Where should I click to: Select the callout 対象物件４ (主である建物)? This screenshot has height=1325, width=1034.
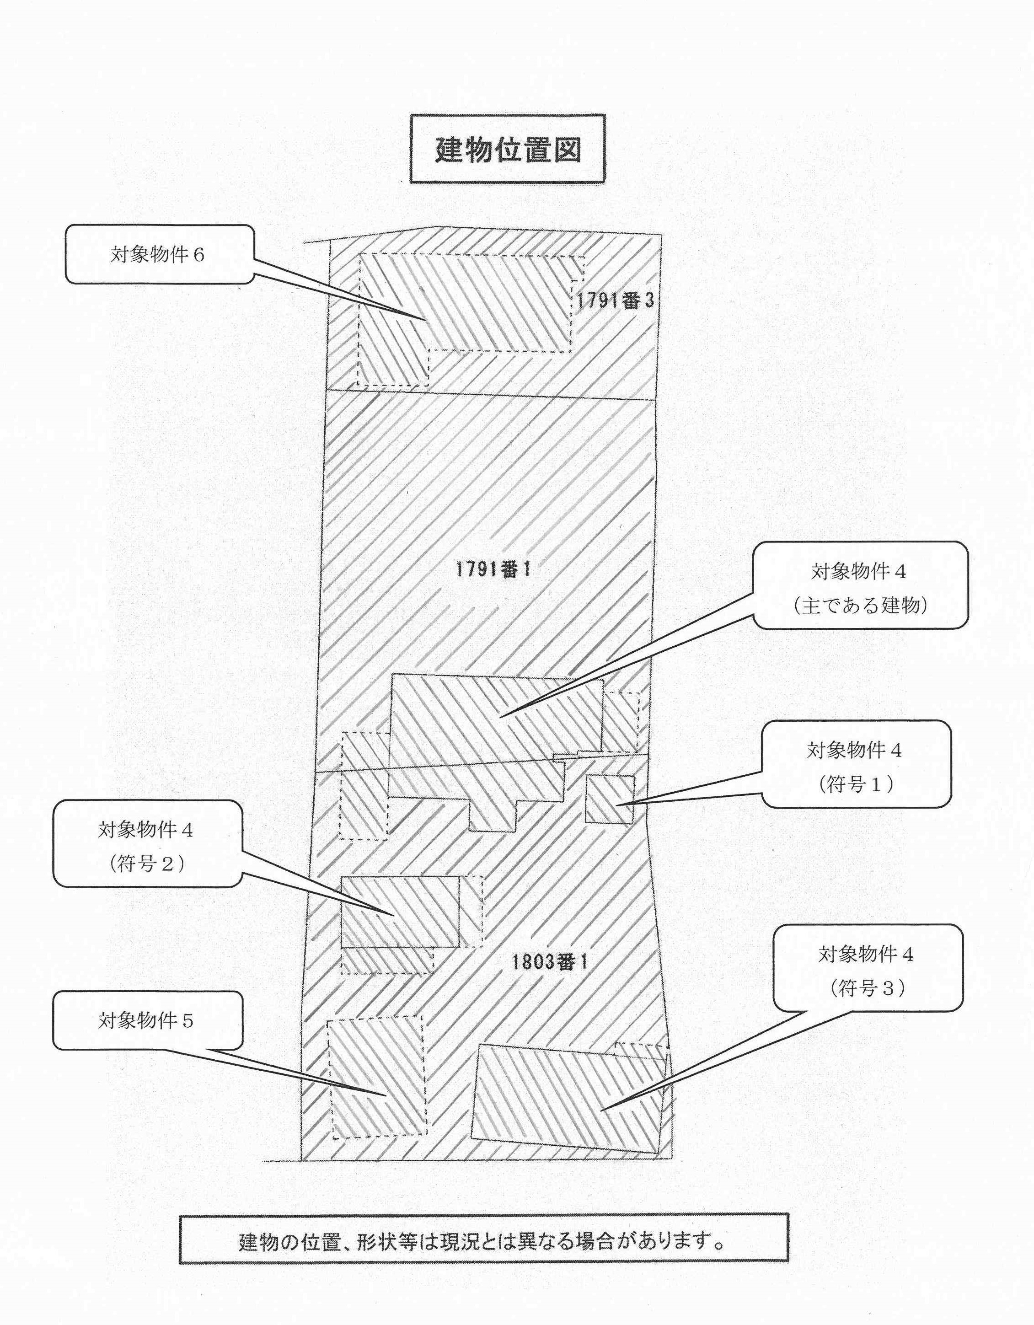point(861,585)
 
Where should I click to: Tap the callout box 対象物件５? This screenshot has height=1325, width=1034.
point(147,1020)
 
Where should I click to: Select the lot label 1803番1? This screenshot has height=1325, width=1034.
point(549,963)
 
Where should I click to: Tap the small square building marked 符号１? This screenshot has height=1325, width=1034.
point(610,799)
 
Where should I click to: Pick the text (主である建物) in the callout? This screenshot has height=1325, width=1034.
point(861,606)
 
